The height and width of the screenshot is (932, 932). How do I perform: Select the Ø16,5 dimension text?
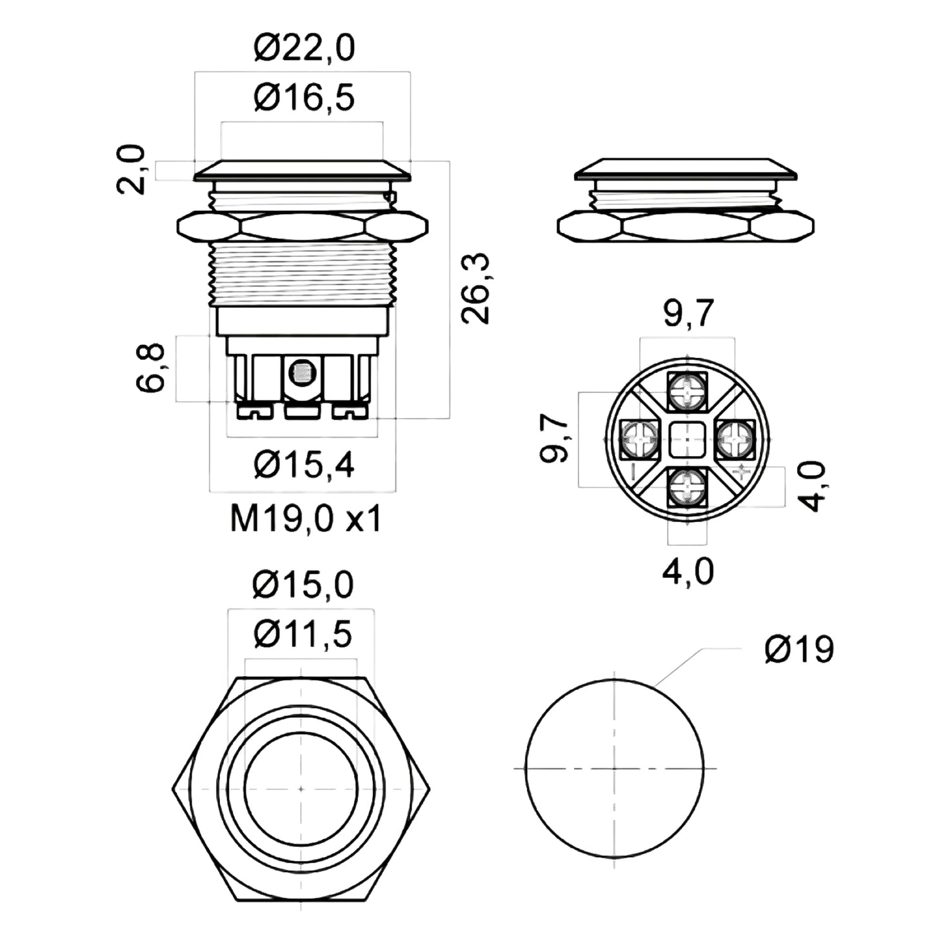pos(304,98)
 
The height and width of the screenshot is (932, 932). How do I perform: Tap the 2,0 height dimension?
pos(130,169)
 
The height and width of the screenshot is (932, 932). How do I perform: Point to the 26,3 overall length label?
pos(476,288)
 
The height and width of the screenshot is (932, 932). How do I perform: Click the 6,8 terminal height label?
pos(152,368)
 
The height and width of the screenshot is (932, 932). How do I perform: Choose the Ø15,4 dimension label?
pos(304,466)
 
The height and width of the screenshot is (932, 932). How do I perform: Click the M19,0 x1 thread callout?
pos(306,519)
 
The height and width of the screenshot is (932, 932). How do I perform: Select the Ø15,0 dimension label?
pos(303,585)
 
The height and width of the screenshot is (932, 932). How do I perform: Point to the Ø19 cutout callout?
pos(800,649)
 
